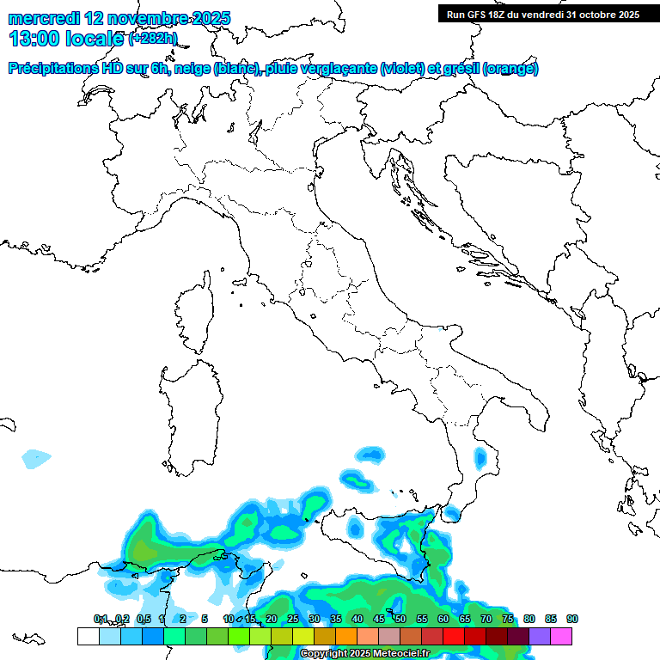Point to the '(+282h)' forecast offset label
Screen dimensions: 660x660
pyautogui.click(x=153, y=39)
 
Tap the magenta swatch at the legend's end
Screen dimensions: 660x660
pyautogui.click(x=561, y=636)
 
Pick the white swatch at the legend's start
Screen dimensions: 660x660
pyautogui.click(x=88, y=636)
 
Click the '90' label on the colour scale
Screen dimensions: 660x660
pyautogui.click(x=572, y=619)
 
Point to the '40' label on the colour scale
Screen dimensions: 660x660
pyautogui.click(x=357, y=619)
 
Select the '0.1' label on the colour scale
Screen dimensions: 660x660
pyautogui.click(x=100, y=619)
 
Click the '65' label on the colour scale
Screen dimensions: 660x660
pyautogui.click(x=465, y=619)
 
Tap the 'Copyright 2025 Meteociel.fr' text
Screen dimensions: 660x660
pyautogui.click(x=364, y=654)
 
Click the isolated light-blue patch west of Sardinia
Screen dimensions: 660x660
pyautogui.click(x=37, y=458)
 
